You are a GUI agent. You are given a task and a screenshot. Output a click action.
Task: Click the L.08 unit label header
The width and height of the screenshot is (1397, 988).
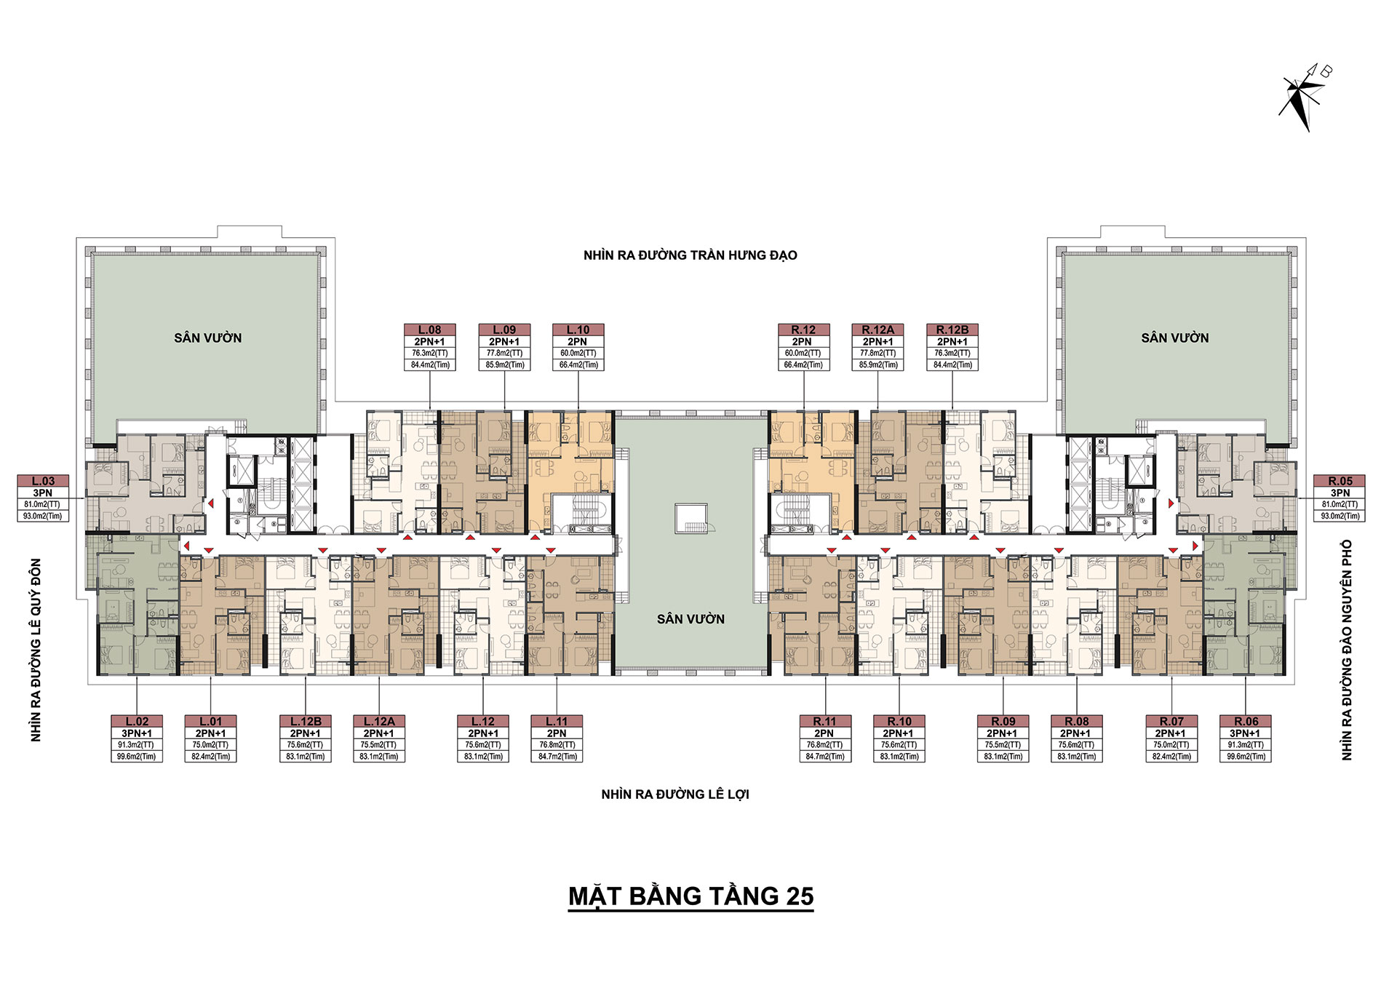pos(430,330)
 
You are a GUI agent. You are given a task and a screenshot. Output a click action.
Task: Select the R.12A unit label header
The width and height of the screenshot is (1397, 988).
pos(878,330)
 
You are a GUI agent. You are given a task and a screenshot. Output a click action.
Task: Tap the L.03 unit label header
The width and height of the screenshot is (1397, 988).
pos(44,481)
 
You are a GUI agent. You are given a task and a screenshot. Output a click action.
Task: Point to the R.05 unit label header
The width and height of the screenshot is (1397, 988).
pos(1340,481)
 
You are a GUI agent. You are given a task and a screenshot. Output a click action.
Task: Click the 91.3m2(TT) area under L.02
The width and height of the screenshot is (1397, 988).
pos(138,745)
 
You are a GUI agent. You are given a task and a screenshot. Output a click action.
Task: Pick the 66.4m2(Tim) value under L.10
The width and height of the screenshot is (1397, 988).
pos(578,365)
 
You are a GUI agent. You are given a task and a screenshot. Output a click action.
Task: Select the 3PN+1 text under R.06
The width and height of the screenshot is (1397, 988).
pos(1245,733)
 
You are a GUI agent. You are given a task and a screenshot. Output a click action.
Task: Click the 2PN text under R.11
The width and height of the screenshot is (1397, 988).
pos(824,733)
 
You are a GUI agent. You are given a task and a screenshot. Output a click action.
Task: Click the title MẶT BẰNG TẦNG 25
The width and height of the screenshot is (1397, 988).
pos(690,896)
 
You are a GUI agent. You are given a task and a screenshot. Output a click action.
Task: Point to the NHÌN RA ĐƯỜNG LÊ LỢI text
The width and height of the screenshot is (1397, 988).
pos(675,794)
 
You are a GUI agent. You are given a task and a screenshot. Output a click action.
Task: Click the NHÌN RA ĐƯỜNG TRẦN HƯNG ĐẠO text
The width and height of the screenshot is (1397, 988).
pos(690,255)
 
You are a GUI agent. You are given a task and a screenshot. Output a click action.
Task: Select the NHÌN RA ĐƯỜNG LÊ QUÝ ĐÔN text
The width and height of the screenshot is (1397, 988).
pos(36,650)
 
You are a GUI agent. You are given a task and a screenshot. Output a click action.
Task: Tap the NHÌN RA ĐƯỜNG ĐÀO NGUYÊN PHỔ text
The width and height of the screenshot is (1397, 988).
pos(1347,650)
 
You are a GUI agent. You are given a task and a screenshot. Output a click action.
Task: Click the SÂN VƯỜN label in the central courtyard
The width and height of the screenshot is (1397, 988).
pos(690,619)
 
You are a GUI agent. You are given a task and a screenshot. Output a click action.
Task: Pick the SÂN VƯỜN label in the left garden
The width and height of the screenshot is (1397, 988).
pos(207,338)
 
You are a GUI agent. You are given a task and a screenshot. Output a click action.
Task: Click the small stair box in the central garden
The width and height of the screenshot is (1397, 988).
pos(690,518)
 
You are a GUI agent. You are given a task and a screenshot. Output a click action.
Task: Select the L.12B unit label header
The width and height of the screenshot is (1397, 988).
pos(306,721)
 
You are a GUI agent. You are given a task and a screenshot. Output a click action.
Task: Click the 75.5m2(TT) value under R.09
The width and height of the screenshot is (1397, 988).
pos(1003,745)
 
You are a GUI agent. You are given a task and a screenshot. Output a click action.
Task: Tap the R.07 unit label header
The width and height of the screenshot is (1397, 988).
pos(1171,721)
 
